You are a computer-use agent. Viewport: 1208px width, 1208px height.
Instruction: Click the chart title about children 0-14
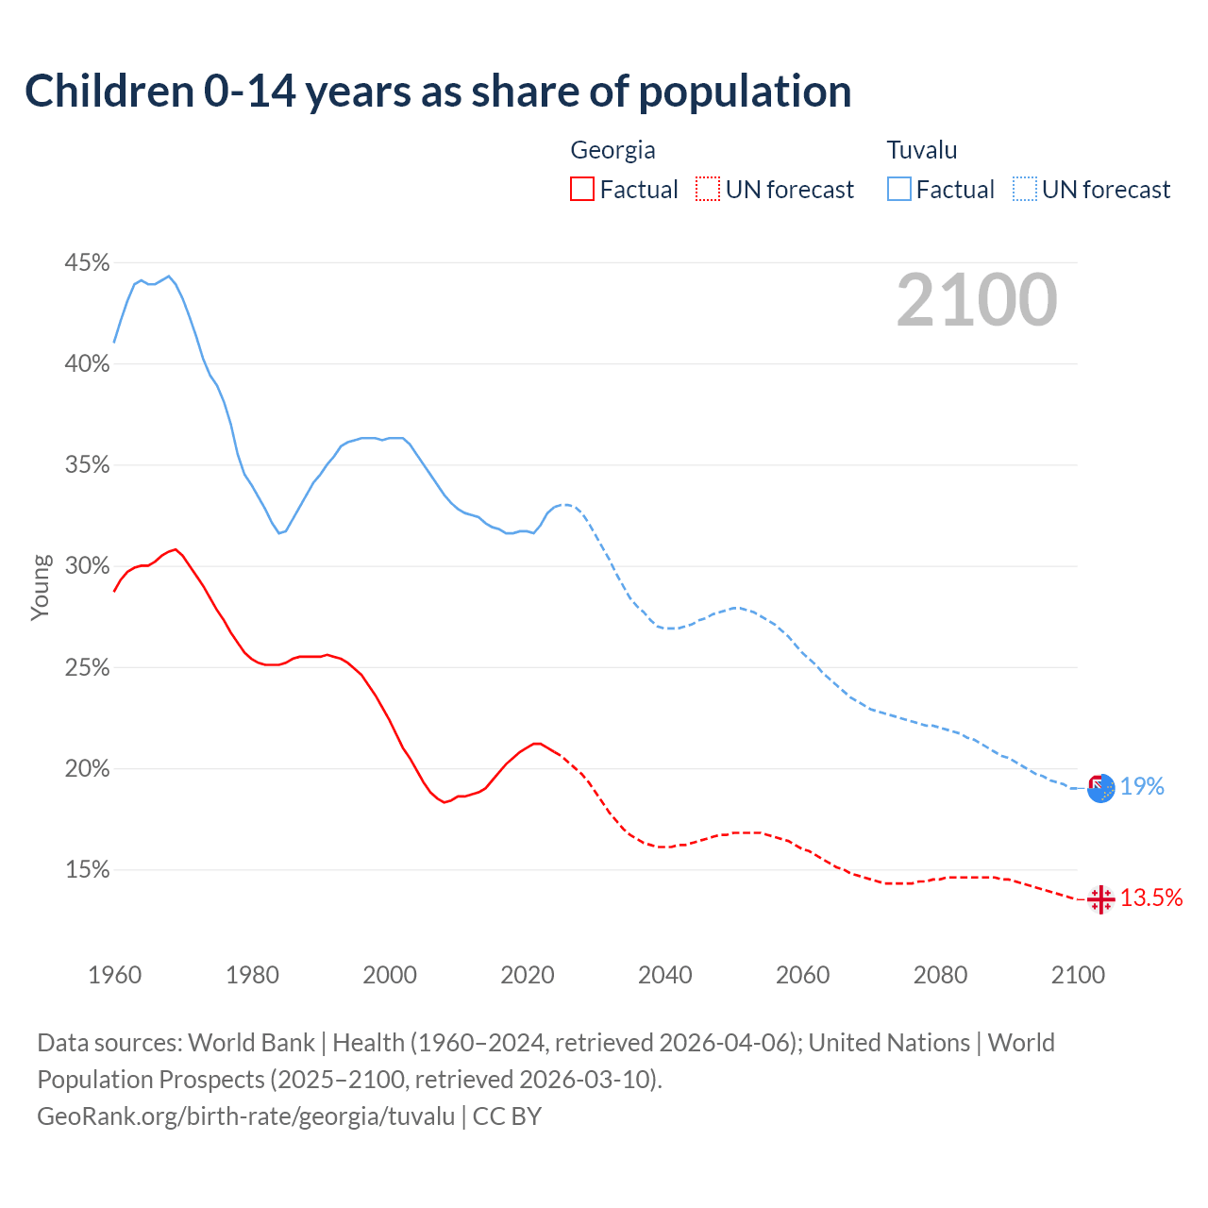[438, 92]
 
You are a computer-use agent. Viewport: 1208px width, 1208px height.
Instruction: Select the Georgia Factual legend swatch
[582, 189]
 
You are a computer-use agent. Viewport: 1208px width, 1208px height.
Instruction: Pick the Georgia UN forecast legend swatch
[707, 189]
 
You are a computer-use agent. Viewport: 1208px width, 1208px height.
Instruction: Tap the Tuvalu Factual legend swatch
[899, 189]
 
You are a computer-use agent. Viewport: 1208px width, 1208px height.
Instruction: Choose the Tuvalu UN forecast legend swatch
[1024, 189]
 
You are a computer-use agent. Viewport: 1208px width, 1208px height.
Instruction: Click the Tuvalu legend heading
[921, 150]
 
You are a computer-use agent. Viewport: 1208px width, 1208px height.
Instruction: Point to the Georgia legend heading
[612, 150]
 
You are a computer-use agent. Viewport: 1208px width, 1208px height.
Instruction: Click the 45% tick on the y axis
[87, 262]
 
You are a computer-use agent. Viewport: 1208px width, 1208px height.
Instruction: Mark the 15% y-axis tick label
[87, 870]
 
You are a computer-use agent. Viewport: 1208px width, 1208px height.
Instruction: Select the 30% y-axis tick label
[87, 566]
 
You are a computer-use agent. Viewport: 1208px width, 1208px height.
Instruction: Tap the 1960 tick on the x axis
[114, 975]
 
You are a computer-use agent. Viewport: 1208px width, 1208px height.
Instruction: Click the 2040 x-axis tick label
[664, 975]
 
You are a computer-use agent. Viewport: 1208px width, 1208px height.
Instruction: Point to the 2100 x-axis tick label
[1077, 975]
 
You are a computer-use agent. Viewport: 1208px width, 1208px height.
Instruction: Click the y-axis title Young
[40, 587]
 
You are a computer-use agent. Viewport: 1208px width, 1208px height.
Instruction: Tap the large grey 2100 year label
[976, 300]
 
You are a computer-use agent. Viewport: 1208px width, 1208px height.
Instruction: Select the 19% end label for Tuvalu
[1142, 786]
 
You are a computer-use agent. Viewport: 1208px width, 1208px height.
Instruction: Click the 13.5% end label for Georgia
[1150, 898]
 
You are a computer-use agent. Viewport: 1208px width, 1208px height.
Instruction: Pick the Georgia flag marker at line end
[1100, 899]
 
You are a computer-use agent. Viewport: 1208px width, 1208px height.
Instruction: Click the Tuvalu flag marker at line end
[1100, 788]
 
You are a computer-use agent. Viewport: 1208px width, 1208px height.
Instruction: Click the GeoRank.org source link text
[246, 1116]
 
